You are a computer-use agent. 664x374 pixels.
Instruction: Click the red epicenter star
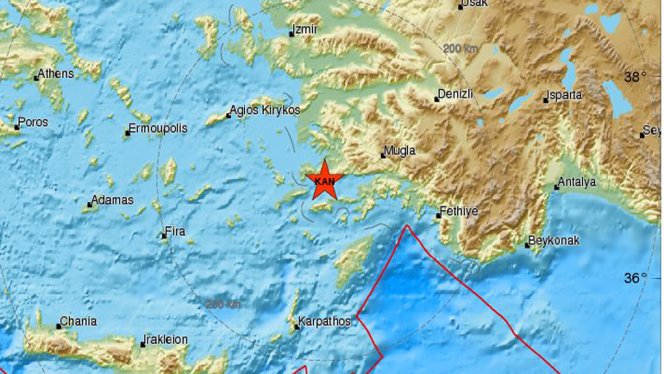325,180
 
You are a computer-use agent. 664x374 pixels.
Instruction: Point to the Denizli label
455,94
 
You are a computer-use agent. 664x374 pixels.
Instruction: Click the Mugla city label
399,151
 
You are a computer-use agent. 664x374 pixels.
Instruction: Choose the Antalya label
577,182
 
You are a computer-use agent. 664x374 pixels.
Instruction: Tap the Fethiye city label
458,211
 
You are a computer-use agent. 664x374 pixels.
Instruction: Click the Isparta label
565,95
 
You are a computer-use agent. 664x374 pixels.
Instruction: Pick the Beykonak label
554,241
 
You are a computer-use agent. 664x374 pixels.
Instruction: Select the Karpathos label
323,321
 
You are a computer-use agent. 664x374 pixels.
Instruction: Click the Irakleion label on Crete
166,339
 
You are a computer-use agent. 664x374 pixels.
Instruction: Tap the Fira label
174,231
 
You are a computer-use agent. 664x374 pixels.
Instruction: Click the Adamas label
112,200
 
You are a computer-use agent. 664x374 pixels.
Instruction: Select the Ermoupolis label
157,129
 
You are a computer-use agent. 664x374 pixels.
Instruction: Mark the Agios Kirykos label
265,111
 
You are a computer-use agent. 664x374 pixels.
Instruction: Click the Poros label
33,123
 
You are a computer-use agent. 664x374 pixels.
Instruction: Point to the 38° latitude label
636,77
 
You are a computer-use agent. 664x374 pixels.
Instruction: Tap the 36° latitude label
636,277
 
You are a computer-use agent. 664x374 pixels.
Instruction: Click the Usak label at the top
473,4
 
